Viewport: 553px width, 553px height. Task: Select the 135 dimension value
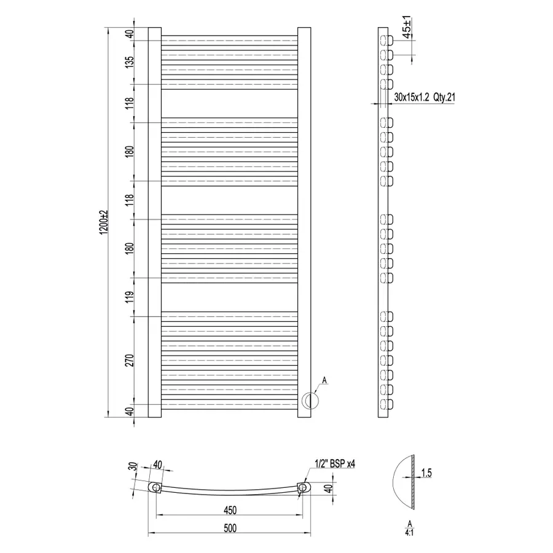129,63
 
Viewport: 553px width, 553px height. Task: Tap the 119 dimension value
129,297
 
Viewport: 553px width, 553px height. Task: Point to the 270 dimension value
129,361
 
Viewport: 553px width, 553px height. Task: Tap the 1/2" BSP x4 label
335,464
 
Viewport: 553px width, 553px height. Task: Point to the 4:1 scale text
409,532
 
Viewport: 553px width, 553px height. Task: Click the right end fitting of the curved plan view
302,488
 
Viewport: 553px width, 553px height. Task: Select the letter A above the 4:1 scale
409,522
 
